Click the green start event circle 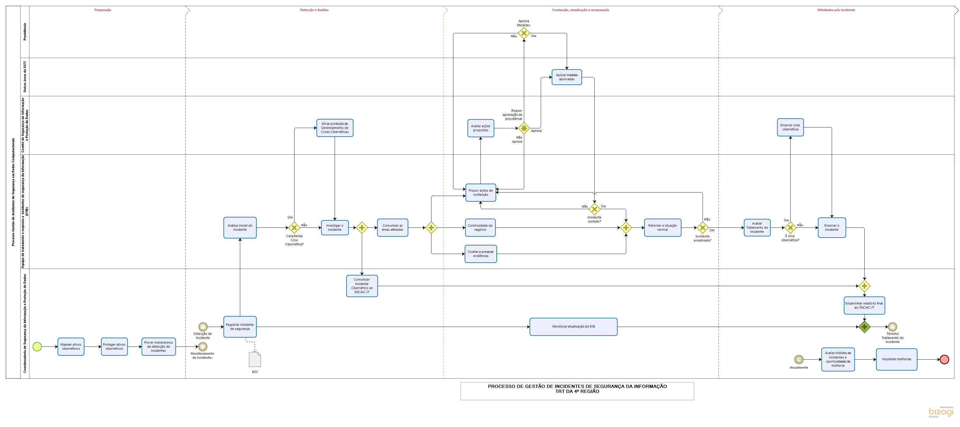point(37,346)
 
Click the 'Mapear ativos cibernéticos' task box point(71,346)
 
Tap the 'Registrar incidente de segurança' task point(240,327)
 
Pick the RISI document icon point(255,360)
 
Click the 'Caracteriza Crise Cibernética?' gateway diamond point(294,228)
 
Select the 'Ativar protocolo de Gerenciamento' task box point(335,128)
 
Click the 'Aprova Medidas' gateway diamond point(524,33)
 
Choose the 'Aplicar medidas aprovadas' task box point(566,77)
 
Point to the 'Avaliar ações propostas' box point(481,128)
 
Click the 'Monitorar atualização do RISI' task point(573,327)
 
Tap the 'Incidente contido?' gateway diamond point(594,209)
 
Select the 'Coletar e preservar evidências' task point(480,254)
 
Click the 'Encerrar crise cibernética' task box point(790,127)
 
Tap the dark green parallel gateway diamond point(864,327)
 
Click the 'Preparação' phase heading point(103,10)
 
